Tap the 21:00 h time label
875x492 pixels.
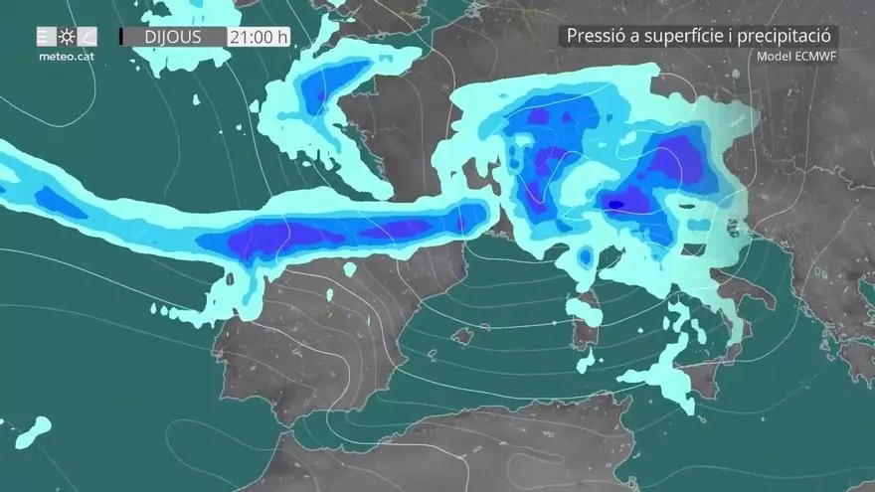pos(258,38)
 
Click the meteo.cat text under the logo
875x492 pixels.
pos(65,57)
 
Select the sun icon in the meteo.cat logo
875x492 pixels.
pos(67,37)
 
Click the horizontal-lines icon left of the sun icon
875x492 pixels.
pos(46,37)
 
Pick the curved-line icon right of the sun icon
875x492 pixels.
pos(87,37)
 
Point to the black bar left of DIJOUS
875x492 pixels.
pos(121,37)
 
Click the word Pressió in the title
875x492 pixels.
pos(595,36)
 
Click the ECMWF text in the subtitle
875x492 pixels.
pos(815,56)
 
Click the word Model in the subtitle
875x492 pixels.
pos(774,56)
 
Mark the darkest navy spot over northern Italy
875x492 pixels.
pos(616,205)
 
